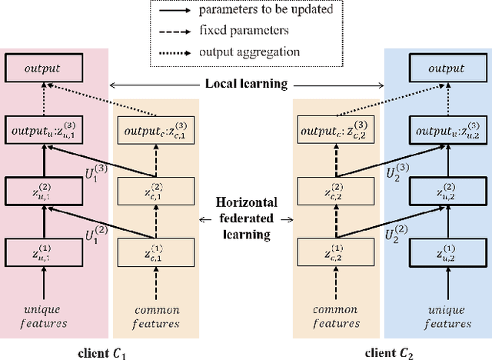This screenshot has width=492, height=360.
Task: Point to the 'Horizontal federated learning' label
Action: pyautogui.click(x=246, y=218)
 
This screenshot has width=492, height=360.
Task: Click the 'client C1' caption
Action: pyautogui.click(x=105, y=354)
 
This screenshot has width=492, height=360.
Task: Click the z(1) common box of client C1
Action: pyautogui.click(x=156, y=252)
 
